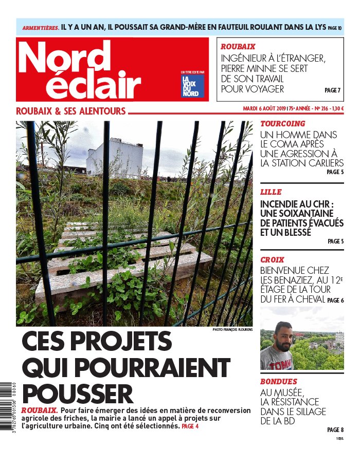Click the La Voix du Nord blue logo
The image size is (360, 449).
(192, 86)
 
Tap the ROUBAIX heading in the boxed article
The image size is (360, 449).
(238, 46)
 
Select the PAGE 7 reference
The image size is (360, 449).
(332, 90)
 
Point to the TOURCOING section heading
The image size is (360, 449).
(282, 124)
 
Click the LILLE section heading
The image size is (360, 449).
(271, 192)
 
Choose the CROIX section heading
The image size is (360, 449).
(272, 260)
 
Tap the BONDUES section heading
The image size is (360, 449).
(278, 382)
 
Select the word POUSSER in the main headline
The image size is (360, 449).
(78, 394)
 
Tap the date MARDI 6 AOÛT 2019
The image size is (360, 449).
(264, 109)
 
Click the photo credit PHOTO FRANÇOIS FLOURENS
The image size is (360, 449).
(232, 329)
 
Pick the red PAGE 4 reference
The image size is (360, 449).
(190, 426)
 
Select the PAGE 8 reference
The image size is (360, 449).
(335, 429)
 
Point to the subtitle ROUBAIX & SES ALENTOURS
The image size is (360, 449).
(71, 111)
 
